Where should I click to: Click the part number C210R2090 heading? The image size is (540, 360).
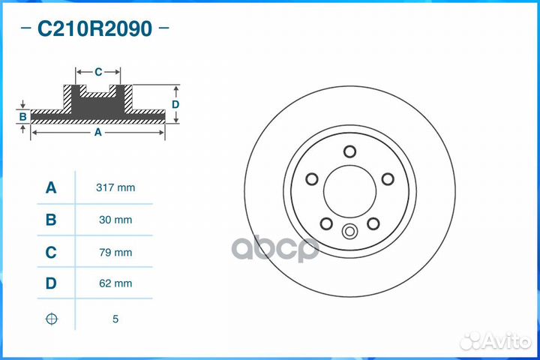(94, 30)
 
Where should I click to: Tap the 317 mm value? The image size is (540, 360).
(115, 187)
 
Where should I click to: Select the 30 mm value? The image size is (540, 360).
(115, 220)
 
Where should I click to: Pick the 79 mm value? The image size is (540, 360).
(115, 252)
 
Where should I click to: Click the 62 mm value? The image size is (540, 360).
(115, 283)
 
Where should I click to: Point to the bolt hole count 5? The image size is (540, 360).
(115, 319)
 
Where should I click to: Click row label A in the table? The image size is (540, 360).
(51, 187)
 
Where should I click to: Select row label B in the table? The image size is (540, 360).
(51, 220)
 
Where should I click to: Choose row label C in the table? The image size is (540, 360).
(51, 252)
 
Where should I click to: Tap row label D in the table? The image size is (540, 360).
(51, 283)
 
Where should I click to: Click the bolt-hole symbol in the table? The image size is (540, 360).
(51, 319)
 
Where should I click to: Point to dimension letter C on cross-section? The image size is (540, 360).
(98, 72)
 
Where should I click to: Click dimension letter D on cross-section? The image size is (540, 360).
(175, 103)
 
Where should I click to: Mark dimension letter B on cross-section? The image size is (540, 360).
(23, 116)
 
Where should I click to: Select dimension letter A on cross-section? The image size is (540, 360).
(97, 132)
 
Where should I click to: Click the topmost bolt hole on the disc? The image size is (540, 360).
(349, 151)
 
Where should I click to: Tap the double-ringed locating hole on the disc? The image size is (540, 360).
(349, 232)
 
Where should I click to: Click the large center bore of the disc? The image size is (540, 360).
(349, 190)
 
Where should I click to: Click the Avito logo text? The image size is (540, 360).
(505, 341)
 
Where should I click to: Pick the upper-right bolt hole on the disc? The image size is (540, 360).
(388, 178)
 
